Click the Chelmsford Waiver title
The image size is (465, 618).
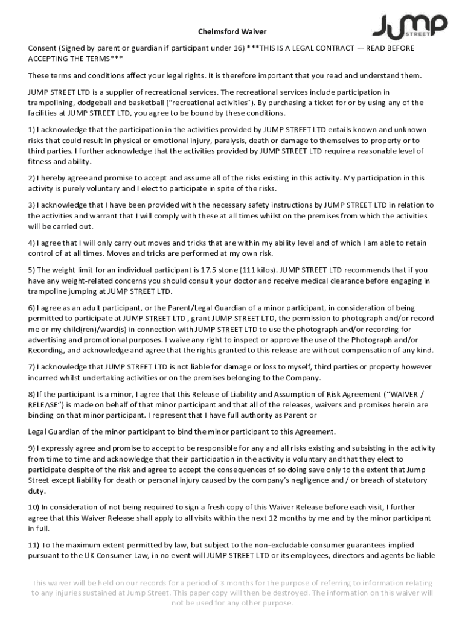click(x=232, y=31)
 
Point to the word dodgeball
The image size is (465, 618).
click(x=89, y=103)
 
